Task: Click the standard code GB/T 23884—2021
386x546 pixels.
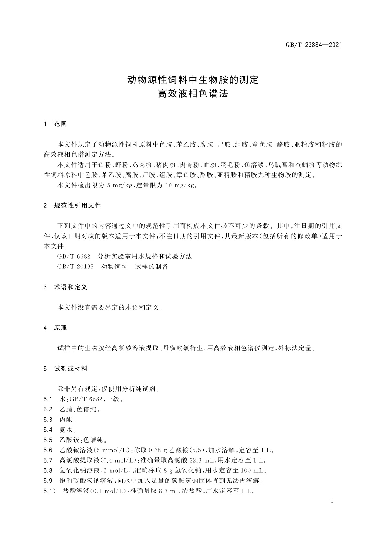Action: click(313, 45)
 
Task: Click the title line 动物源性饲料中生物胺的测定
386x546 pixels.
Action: click(193, 79)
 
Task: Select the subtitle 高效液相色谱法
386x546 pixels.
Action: click(193, 94)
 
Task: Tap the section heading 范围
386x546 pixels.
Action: click(61, 124)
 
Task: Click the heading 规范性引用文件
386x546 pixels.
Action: click(77, 206)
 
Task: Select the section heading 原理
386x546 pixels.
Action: click(61, 328)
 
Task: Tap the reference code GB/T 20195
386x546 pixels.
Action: click(75, 267)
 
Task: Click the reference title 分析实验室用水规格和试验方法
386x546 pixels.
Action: click(145, 256)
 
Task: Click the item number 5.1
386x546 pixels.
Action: click(48, 399)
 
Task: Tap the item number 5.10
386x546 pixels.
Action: click(50, 491)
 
